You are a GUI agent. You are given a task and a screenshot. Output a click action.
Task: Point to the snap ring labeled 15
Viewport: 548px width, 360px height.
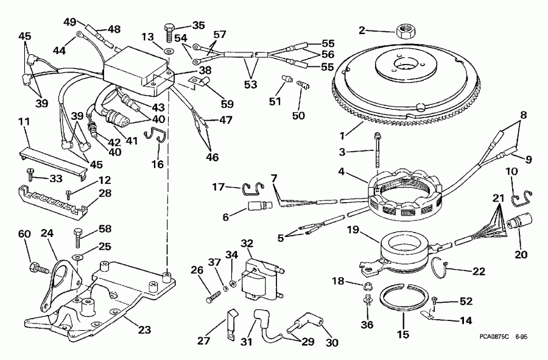tap(404, 303)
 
